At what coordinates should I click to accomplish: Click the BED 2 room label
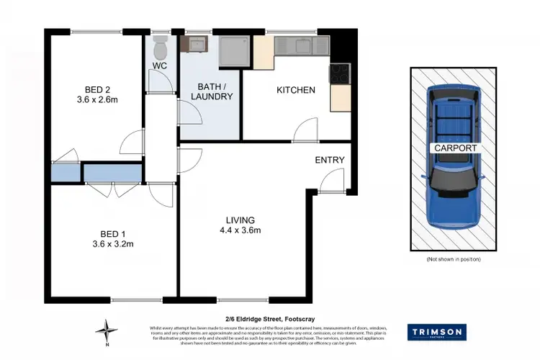coord(97,89)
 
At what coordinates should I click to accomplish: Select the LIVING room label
coord(240,220)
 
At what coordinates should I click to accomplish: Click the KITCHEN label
coord(296,90)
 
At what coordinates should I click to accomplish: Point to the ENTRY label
coord(330,160)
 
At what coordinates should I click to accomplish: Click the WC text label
coord(160,66)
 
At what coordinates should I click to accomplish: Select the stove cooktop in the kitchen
coord(338,73)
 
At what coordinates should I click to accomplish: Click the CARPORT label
coord(454,147)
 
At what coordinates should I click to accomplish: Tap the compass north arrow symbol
coord(107,332)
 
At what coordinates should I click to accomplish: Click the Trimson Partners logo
coord(437,332)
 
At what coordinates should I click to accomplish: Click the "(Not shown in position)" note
coord(454,258)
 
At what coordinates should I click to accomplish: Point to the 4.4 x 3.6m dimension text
coord(240,230)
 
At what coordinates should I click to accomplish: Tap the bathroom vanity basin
coord(194,45)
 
